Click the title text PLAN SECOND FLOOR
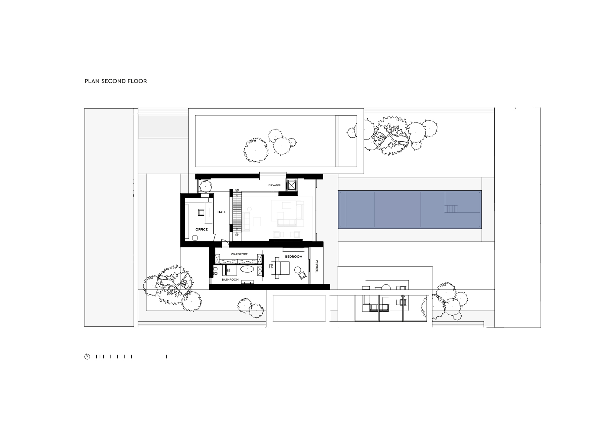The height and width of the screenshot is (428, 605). click(x=116, y=81)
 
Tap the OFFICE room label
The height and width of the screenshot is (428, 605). click(x=201, y=230)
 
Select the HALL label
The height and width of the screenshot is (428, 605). click(x=222, y=212)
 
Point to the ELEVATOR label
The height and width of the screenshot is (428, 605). click(x=274, y=185)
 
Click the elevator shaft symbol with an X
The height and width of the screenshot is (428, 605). click(x=292, y=185)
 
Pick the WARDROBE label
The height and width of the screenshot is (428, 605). click(x=239, y=254)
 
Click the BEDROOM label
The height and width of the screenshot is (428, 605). click(x=294, y=256)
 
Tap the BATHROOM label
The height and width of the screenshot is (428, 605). click(x=230, y=279)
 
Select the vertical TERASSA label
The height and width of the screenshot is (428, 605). click(x=317, y=266)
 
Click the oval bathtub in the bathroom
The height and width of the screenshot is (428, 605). click(x=248, y=268)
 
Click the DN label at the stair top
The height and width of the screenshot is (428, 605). click(x=237, y=190)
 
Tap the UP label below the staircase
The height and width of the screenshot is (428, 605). click(x=237, y=235)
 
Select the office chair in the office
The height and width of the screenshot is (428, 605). click(x=201, y=212)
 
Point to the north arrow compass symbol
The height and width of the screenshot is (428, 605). click(x=87, y=357)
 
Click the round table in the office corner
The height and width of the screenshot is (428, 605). click(x=195, y=238)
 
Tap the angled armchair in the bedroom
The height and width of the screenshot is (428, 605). click(x=302, y=276)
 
